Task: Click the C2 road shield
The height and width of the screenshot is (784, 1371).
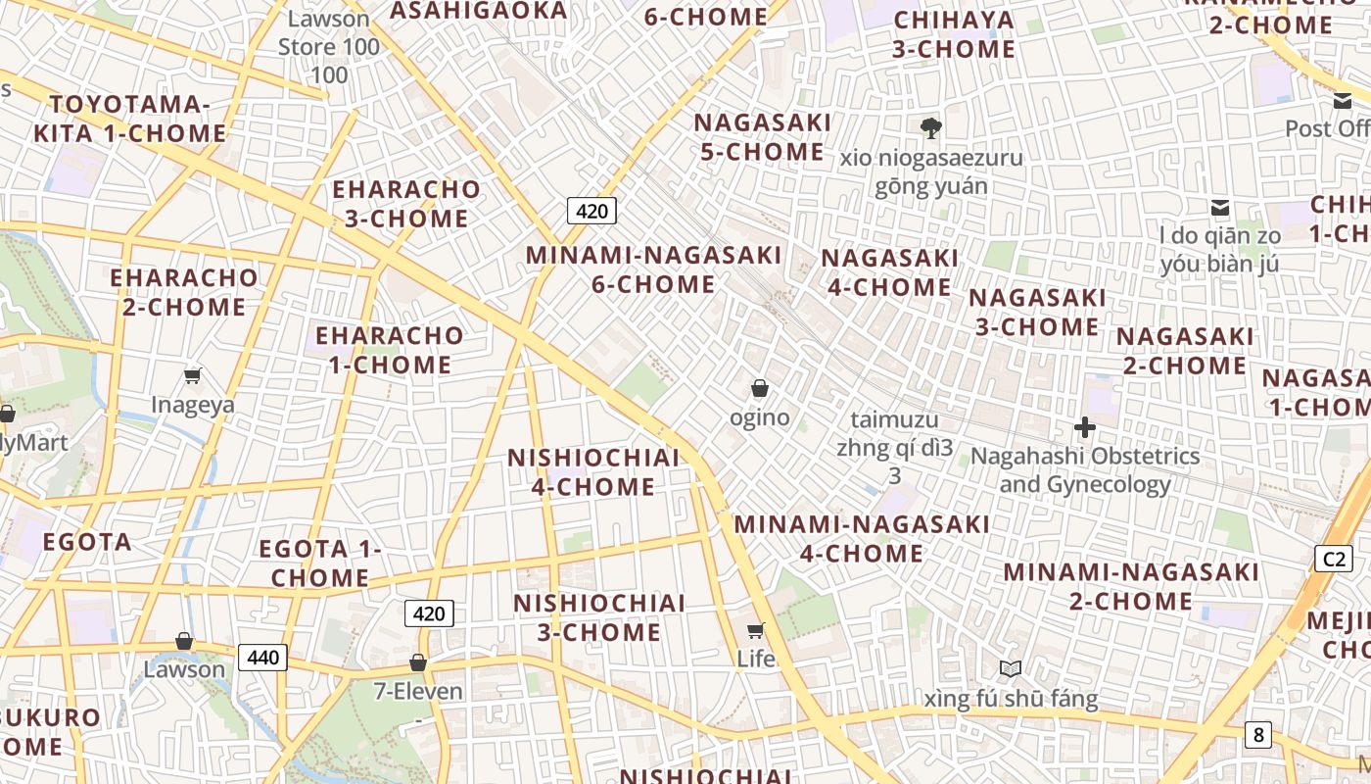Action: (1334, 559)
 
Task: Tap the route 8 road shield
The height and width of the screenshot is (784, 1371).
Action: (1258, 734)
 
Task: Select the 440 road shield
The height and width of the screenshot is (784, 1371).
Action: (263, 657)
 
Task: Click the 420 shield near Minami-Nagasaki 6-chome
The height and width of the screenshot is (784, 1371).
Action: (591, 211)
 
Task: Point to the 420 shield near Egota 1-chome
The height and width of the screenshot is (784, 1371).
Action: (429, 614)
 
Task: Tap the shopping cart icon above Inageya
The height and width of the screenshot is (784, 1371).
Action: (193, 375)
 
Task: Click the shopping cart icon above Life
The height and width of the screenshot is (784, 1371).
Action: (755, 630)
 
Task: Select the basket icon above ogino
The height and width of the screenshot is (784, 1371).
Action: (759, 389)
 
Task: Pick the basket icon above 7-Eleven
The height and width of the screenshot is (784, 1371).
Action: (418, 663)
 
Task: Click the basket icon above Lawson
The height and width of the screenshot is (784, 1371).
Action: (184, 641)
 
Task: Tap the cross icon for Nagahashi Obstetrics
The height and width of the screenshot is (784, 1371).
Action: (1085, 427)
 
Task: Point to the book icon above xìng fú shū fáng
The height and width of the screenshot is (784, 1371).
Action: (1011, 669)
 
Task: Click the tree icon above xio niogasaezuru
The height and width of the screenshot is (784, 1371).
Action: (930, 127)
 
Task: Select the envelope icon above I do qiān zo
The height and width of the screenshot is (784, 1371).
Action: (1220, 207)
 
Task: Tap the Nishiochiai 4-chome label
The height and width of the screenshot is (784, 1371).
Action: (593, 472)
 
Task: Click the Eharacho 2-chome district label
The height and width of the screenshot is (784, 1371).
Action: (184, 292)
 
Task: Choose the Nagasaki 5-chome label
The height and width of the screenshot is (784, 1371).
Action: (763, 137)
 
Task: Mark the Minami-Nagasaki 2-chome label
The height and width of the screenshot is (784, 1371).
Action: (1131, 586)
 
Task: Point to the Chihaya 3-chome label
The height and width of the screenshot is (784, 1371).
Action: (954, 34)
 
